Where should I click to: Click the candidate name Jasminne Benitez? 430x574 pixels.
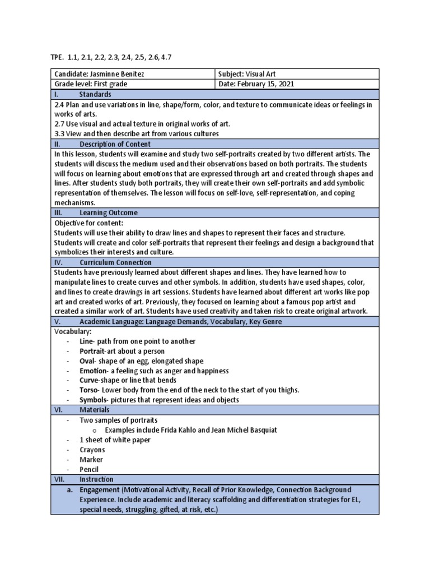coord(115,74)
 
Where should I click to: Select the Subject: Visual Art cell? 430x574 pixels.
coord(246,74)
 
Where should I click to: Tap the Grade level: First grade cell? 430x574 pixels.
coord(91,84)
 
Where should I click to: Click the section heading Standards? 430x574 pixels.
coord(95,94)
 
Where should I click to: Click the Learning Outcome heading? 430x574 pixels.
coord(108,213)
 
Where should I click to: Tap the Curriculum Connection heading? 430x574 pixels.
coord(115,262)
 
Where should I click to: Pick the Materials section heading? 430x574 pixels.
coord(95,410)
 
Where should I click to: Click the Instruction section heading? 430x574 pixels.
coord(96,479)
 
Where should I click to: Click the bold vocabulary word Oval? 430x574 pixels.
coord(88,361)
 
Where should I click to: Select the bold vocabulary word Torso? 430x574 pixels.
coord(89,390)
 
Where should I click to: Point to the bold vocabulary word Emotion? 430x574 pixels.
coord(93,371)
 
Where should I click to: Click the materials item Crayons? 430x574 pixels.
coord(92,450)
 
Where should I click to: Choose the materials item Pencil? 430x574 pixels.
coord(90,469)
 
